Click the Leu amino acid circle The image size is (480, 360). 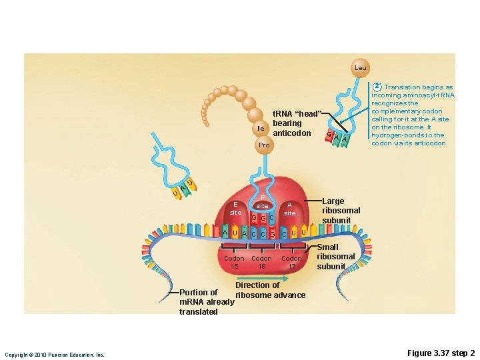coord(360,67)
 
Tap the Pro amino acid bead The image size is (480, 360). coord(264,145)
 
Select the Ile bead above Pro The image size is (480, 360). coord(261,128)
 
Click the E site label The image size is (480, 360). coord(235,208)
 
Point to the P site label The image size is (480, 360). coord(263,202)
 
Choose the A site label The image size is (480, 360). coord(289,209)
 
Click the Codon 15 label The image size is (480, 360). coord(234,262)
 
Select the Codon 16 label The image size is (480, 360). coord(261,262)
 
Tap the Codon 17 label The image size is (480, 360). coord(291,262)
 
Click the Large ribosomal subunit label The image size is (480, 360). coord(341,211)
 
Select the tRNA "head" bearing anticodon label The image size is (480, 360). coord(297,123)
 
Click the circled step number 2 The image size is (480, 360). coord(377,87)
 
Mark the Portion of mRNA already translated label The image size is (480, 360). coord(207,302)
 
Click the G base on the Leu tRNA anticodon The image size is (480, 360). coord(329,135)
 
